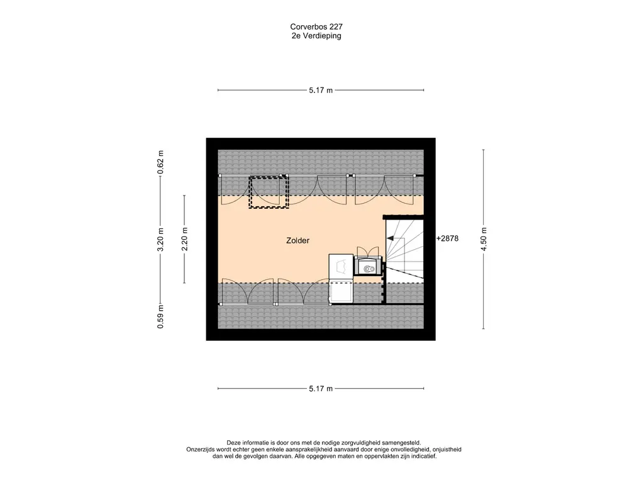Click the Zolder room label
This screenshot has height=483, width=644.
(297, 241)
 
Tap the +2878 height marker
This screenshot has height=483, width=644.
(447, 238)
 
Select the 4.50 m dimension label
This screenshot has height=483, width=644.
(484, 239)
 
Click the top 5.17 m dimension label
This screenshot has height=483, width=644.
(321, 91)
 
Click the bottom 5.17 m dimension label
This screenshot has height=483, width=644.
(321, 389)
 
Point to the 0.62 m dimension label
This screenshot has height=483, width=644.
(160, 162)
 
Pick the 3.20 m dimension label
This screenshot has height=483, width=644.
(160, 240)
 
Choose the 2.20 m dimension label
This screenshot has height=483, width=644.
(184, 239)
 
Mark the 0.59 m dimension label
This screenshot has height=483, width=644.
(160, 317)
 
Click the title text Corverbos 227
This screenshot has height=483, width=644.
(316, 26)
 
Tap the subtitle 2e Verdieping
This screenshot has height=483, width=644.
(316, 36)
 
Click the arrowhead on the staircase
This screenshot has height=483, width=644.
(390, 238)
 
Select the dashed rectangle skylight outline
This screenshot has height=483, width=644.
(269, 192)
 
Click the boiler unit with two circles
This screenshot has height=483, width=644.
(369, 266)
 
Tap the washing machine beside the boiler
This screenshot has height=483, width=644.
(341, 267)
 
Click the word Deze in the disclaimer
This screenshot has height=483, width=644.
(233, 443)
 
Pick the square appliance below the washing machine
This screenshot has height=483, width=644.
(341, 293)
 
